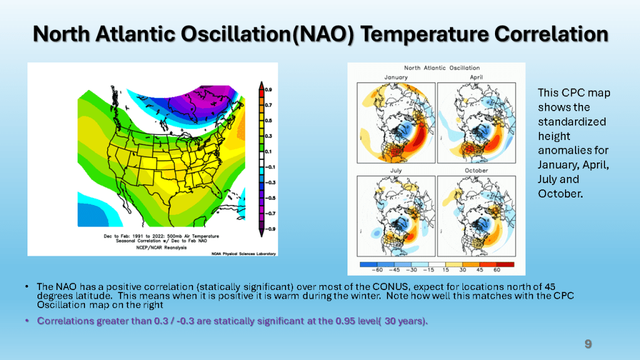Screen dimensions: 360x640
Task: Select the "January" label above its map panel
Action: [x=396, y=77]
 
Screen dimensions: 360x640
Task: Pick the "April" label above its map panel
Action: [x=476, y=77]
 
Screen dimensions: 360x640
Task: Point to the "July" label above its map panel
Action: [x=396, y=170]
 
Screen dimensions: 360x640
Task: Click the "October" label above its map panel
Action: [x=476, y=170]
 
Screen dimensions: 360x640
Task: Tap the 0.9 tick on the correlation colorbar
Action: [x=267, y=90]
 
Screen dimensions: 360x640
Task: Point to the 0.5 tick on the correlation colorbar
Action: [x=267, y=121]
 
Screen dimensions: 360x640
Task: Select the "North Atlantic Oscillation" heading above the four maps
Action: [x=442, y=67]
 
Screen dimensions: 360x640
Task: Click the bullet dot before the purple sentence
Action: [x=27, y=321]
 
